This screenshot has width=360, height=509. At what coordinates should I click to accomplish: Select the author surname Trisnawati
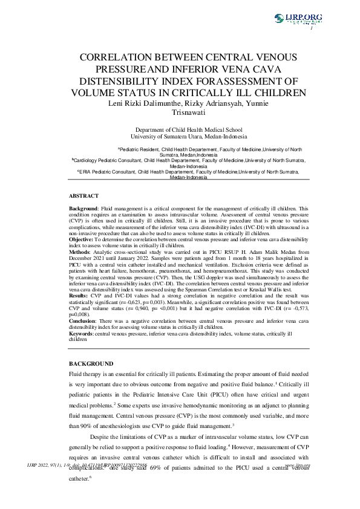(x=180, y=112)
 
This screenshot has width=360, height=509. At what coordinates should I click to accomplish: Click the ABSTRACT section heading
(x=83, y=196)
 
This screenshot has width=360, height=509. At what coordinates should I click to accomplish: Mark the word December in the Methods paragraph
(x=83, y=257)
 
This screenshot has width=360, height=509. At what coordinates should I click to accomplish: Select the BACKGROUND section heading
(x=91, y=364)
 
